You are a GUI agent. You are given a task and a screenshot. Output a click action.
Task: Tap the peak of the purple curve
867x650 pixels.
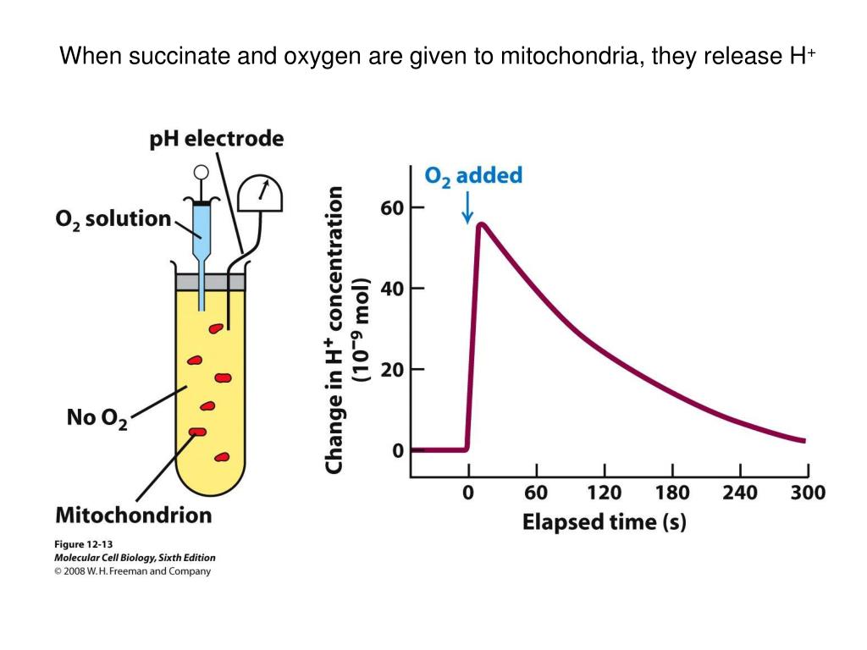pyautogui.click(x=480, y=224)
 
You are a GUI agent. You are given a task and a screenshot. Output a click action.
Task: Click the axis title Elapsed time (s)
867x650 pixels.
pyautogui.click(x=604, y=521)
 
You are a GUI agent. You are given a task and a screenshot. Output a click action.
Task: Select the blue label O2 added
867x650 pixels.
pyautogui.click(x=472, y=176)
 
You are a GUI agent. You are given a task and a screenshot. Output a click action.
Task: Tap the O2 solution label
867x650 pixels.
pyautogui.click(x=113, y=219)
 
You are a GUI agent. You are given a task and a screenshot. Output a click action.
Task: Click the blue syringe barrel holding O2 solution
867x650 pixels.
pyautogui.click(x=202, y=222)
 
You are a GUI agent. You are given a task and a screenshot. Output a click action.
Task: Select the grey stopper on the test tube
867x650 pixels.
pyautogui.click(x=210, y=281)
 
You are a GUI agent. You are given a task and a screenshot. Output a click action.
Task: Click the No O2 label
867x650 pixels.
pyautogui.click(x=97, y=418)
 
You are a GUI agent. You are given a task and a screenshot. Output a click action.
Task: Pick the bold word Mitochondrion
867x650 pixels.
pyautogui.click(x=133, y=514)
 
